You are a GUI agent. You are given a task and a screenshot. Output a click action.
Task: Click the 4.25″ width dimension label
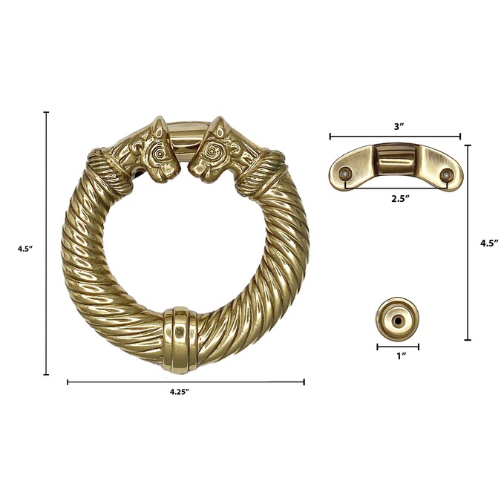[x=180, y=392]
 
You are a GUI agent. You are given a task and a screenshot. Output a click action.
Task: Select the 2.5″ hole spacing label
[x=401, y=198]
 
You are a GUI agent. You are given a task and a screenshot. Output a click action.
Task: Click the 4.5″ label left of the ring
[x=25, y=249]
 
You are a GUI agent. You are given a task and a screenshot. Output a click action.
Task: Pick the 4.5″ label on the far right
[x=489, y=243]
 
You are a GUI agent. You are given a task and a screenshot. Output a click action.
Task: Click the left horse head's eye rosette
[x=159, y=154]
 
